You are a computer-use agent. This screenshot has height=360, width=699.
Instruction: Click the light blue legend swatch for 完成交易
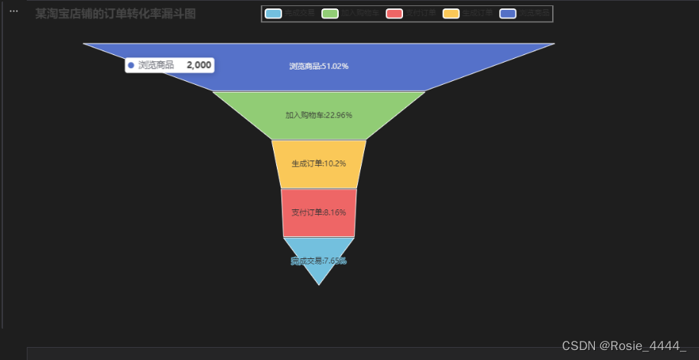273,14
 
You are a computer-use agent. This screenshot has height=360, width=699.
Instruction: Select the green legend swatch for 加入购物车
330,14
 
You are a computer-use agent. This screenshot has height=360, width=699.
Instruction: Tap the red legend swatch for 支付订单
395,14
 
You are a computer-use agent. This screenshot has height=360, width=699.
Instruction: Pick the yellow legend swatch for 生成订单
451,14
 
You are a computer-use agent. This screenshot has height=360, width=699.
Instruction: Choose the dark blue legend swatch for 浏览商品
509,14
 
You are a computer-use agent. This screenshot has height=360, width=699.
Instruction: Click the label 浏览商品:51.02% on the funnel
319,66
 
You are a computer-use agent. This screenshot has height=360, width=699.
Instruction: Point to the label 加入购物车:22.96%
319,115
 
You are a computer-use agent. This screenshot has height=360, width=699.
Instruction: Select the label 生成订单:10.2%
319,164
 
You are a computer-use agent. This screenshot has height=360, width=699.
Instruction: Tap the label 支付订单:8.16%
319,212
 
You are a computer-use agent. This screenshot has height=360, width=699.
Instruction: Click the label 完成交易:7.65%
319,261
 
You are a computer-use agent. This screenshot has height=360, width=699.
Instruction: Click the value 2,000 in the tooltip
199,66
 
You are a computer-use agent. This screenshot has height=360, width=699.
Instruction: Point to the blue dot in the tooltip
132,66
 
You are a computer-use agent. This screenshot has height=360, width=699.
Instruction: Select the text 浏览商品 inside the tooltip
156,66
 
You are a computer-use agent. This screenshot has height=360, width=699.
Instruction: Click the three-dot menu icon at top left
13,11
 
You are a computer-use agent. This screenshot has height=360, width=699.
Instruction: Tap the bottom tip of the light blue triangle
319,284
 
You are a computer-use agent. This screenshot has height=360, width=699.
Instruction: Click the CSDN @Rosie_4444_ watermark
624,346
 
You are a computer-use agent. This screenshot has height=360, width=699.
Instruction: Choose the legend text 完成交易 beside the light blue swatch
299,14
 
